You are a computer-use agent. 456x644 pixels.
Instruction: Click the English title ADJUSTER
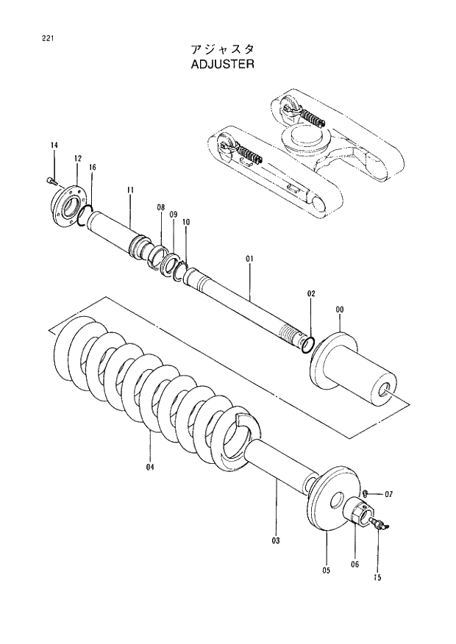(221, 64)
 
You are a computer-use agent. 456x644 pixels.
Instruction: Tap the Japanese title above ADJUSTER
(221, 49)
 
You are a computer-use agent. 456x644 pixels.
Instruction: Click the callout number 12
(77, 159)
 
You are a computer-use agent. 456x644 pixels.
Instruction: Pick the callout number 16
(92, 168)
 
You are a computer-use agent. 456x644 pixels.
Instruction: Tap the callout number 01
(249, 259)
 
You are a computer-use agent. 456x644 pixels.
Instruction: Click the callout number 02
(311, 293)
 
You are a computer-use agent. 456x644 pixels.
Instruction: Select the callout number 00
(339, 310)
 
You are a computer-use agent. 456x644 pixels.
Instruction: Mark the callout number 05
(326, 570)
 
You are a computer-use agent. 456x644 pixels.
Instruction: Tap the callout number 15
(377, 577)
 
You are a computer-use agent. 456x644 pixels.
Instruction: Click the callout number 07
(389, 494)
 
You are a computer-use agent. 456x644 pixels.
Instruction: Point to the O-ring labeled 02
(310, 343)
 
